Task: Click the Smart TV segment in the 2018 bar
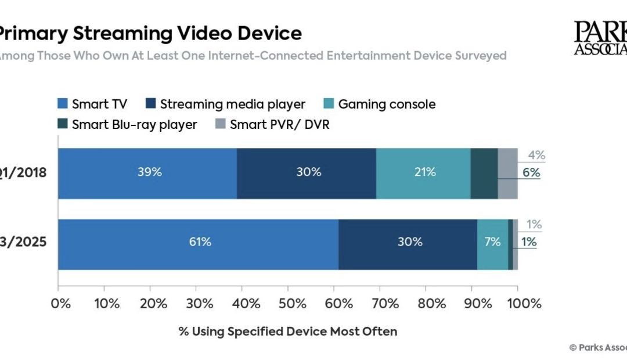coord(147,174)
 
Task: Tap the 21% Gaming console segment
coord(423,174)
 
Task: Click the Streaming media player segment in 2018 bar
coord(307,174)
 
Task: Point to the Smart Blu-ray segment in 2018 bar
coord(484,174)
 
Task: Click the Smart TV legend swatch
coord(62,105)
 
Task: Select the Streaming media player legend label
coord(232,105)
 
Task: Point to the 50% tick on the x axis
coord(289,303)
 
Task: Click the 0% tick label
coord(60,303)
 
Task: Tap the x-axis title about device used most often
coord(288,332)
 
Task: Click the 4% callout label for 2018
coord(536,156)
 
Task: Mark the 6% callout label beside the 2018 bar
coord(531,172)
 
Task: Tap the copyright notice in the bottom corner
coord(598,347)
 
